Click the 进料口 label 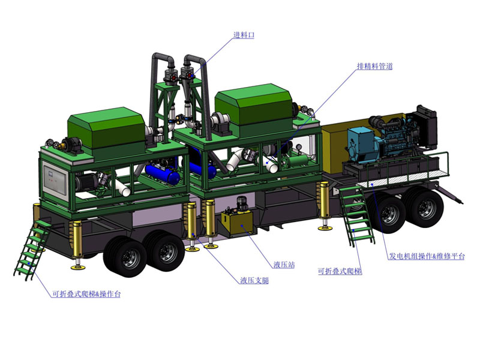pos(244,35)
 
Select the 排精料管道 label pos(374,66)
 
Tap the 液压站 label pos(284,265)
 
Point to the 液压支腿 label pos(254,280)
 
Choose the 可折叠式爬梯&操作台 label pos(86,294)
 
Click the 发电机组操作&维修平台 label pos(427,256)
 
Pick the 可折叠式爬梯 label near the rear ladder pos(340,271)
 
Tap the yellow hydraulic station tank pos(237,223)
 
